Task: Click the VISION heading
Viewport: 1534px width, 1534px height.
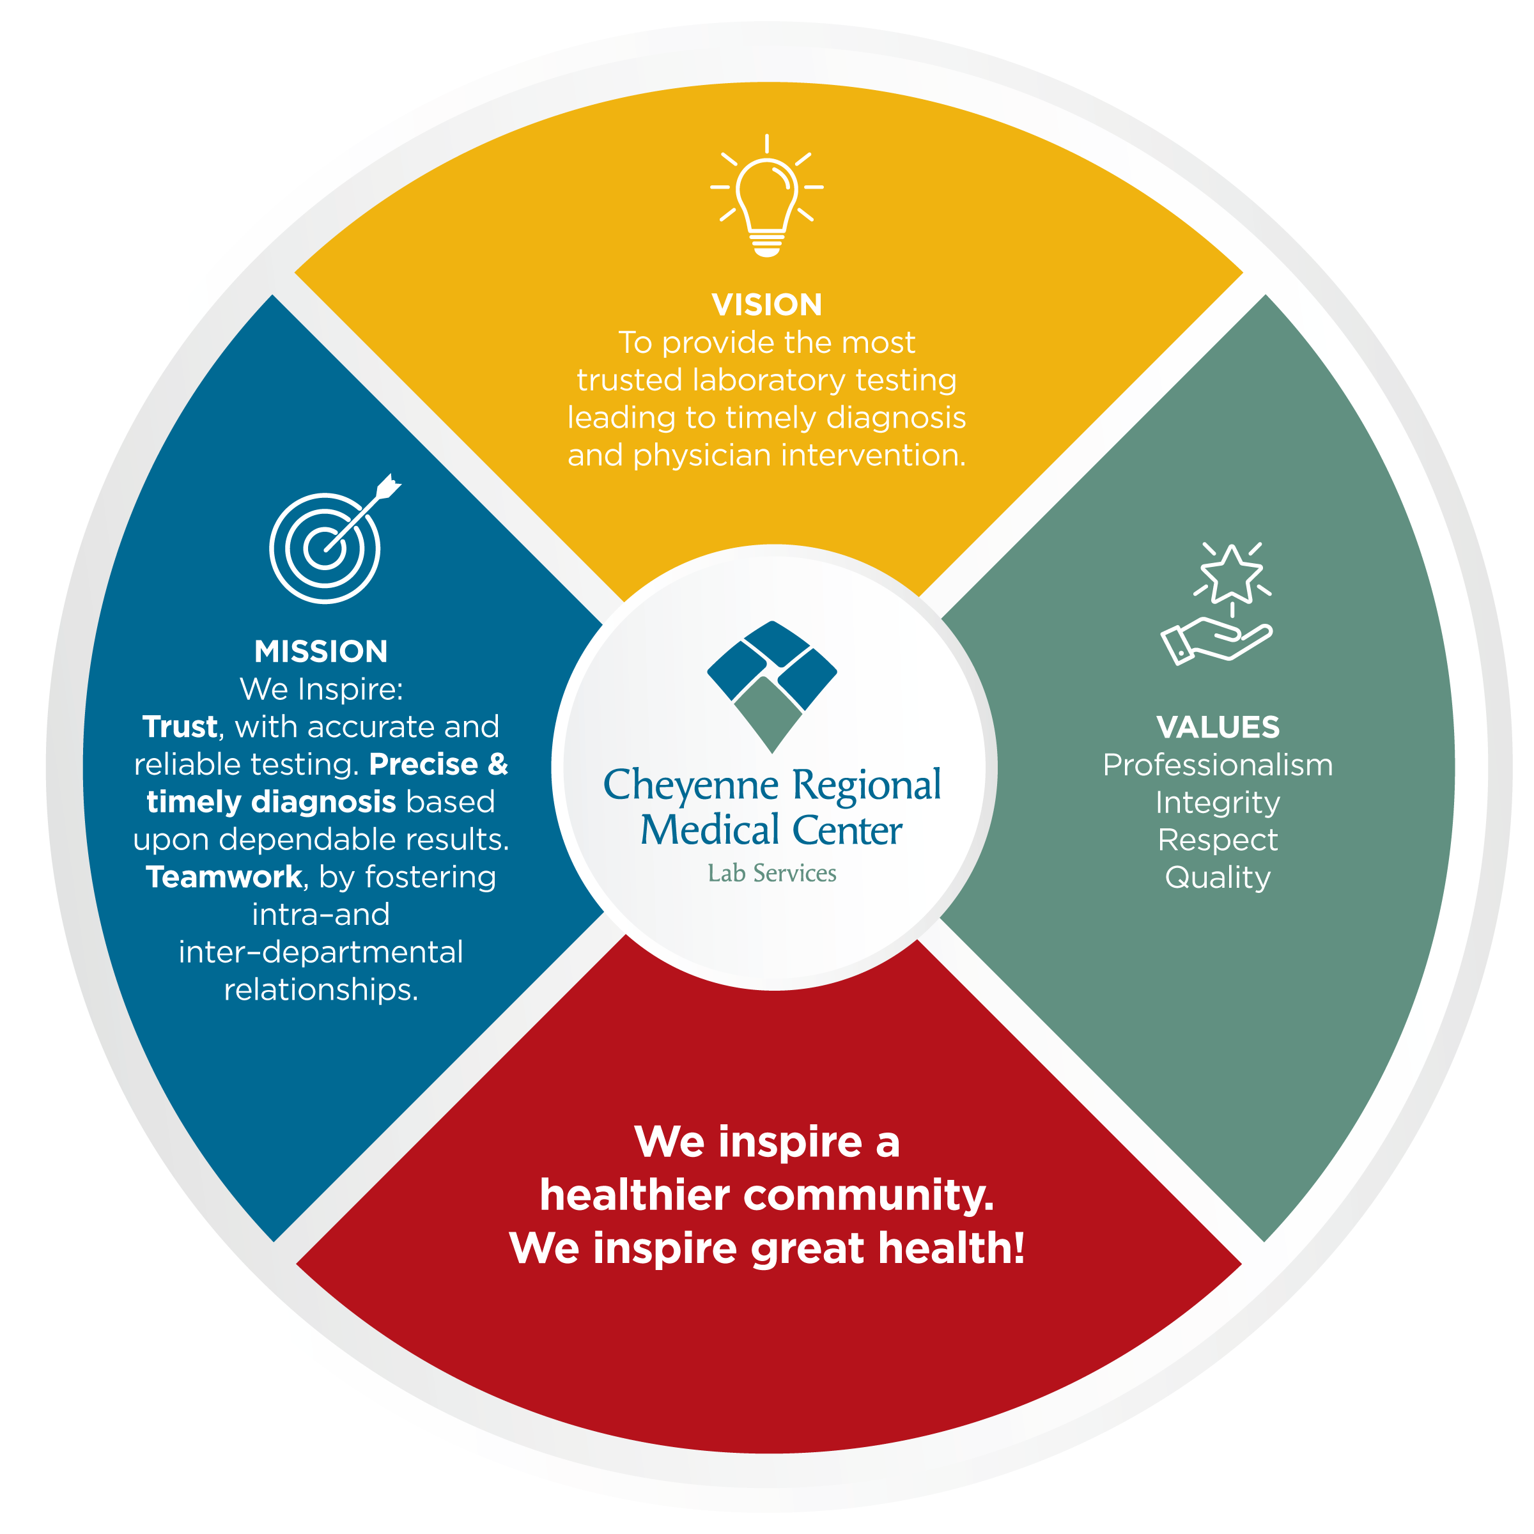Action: pos(767,305)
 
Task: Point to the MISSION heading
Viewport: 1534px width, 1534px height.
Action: pos(321,652)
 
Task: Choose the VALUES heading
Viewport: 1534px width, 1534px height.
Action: pos(1218,727)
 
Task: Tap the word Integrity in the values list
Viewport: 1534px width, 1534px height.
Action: pos(1218,803)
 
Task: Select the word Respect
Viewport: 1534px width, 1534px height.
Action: pos(1218,840)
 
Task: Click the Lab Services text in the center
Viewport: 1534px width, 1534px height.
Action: pos(771,873)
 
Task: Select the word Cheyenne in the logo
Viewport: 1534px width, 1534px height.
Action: pos(691,786)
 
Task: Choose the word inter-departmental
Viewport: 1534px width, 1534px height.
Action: pos(321,952)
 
